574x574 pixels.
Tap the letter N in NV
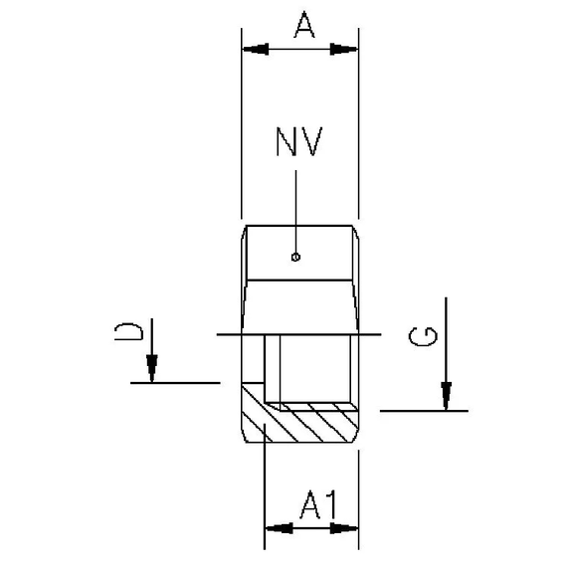286,142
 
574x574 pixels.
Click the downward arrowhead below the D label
152,369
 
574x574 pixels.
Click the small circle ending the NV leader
295,257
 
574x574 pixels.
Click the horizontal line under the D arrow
175,381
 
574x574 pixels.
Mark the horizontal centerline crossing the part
298,334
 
